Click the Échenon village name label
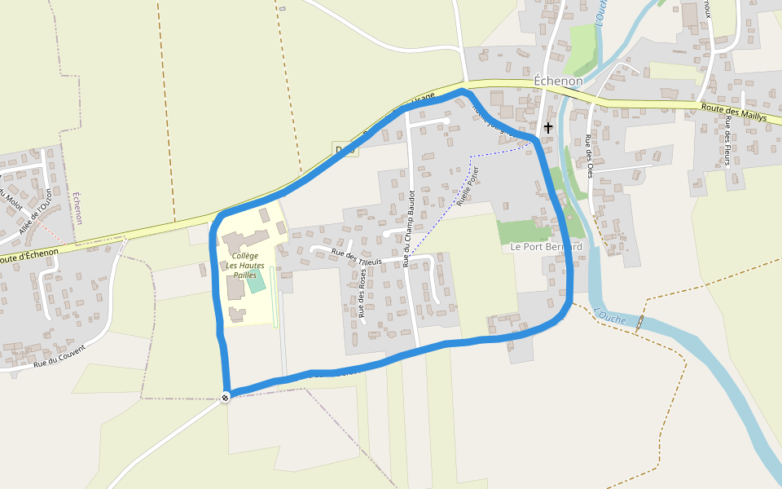[558, 81]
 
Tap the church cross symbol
[548, 127]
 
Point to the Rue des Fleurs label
[727, 141]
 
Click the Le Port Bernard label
[546, 246]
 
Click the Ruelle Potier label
[468, 187]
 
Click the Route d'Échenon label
[29, 256]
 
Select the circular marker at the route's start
[225, 397]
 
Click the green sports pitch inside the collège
[257, 282]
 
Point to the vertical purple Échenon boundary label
[78, 209]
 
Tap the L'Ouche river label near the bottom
[611, 315]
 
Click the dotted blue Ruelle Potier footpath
[440, 220]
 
